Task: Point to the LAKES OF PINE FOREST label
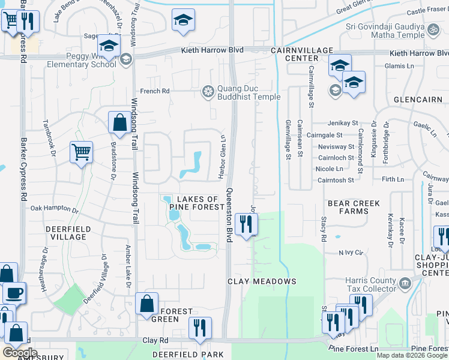(x=196, y=203)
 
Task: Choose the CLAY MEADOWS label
(x=262, y=281)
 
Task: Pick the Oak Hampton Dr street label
(x=55, y=210)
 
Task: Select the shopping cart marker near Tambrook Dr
(x=81, y=152)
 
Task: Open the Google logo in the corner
(x=19, y=352)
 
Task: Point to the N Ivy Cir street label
(x=352, y=253)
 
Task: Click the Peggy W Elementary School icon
(x=126, y=59)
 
